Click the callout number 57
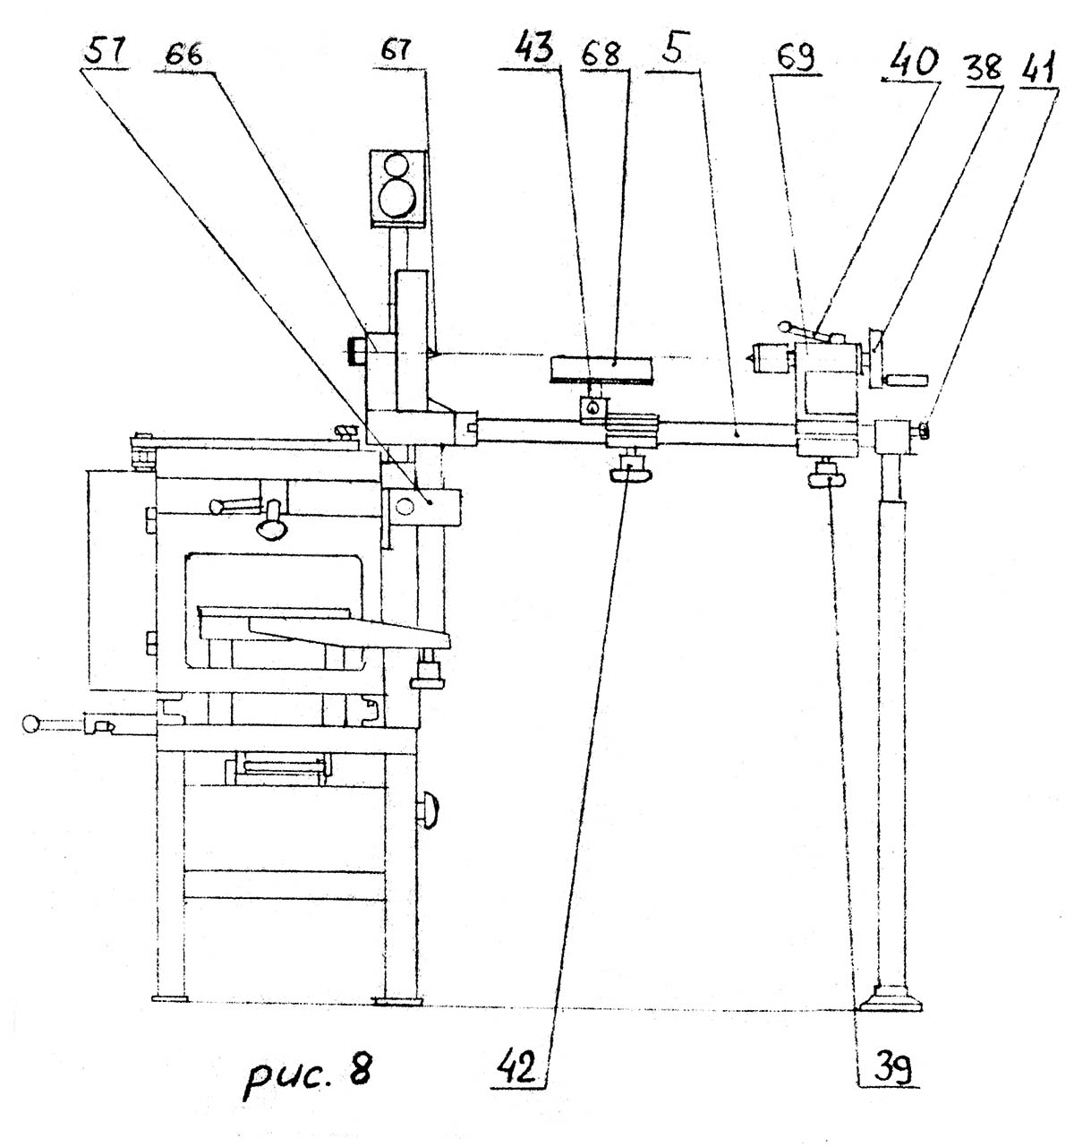105,55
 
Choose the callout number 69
792,59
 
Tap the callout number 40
911,65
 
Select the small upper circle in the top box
395,167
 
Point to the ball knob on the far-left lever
32,723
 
